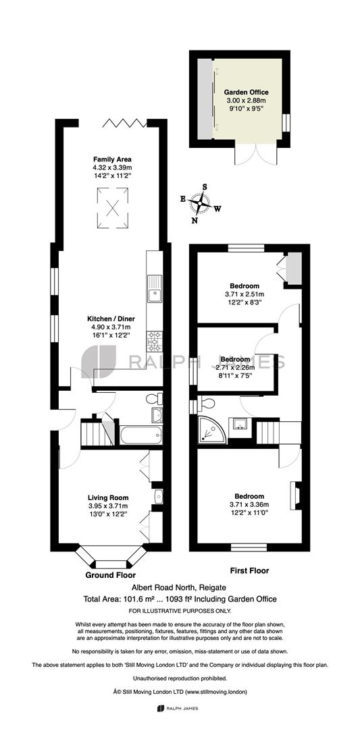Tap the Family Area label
[x=112, y=159]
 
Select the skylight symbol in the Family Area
[x=113, y=208]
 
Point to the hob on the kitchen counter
[x=155, y=342]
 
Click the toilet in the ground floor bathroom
[x=153, y=398]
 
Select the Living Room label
[x=108, y=497]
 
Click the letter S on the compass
[x=204, y=187]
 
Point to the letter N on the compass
[x=195, y=220]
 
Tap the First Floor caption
[x=250, y=570]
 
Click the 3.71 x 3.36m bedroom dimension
[x=249, y=504]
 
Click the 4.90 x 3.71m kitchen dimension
[x=111, y=327]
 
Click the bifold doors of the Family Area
[x=125, y=123]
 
